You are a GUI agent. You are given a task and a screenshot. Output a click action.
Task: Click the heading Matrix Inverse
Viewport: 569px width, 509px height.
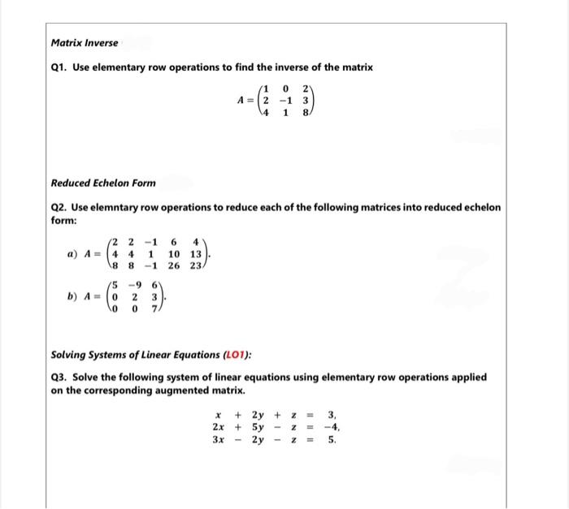(x=84, y=42)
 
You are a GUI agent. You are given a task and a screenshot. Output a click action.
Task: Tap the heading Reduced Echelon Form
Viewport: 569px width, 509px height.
(x=103, y=183)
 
